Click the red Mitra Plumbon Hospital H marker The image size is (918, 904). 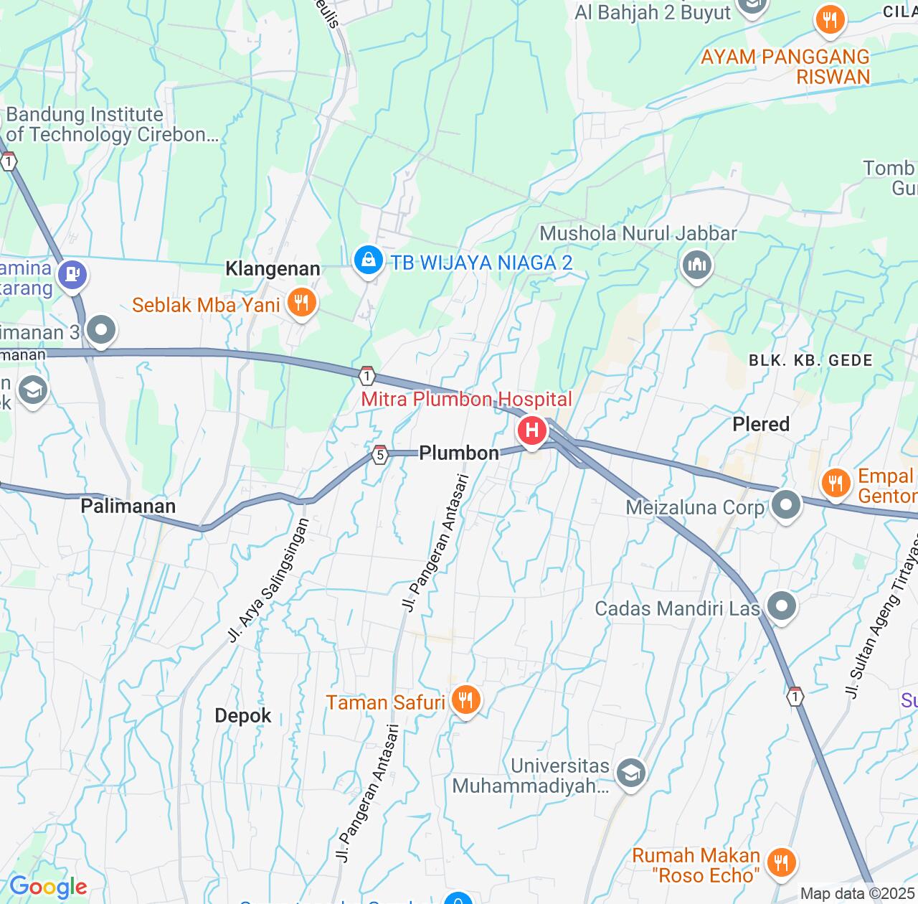(x=531, y=430)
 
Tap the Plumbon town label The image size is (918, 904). (x=459, y=453)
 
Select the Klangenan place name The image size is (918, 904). (x=273, y=269)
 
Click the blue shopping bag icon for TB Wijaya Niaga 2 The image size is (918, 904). (x=368, y=260)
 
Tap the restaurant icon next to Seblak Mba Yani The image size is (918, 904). (x=301, y=303)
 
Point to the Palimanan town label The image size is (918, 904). (x=128, y=506)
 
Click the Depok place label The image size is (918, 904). (x=243, y=715)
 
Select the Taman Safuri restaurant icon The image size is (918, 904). (x=466, y=700)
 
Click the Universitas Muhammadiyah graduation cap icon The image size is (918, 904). (x=630, y=773)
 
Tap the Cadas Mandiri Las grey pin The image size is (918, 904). (x=782, y=606)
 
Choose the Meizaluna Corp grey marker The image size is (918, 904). (x=786, y=505)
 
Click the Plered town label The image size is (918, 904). (x=761, y=424)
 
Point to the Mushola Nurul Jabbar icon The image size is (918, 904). (x=696, y=265)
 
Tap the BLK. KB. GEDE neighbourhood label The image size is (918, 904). (x=810, y=360)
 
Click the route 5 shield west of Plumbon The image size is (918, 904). (x=380, y=454)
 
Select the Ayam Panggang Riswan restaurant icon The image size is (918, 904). (x=831, y=20)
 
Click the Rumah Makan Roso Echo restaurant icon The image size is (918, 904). (x=781, y=863)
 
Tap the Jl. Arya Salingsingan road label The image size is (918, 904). (x=268, y=580)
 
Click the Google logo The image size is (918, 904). (x=48, y=887)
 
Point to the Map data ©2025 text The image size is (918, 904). (x=857, y=894)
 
